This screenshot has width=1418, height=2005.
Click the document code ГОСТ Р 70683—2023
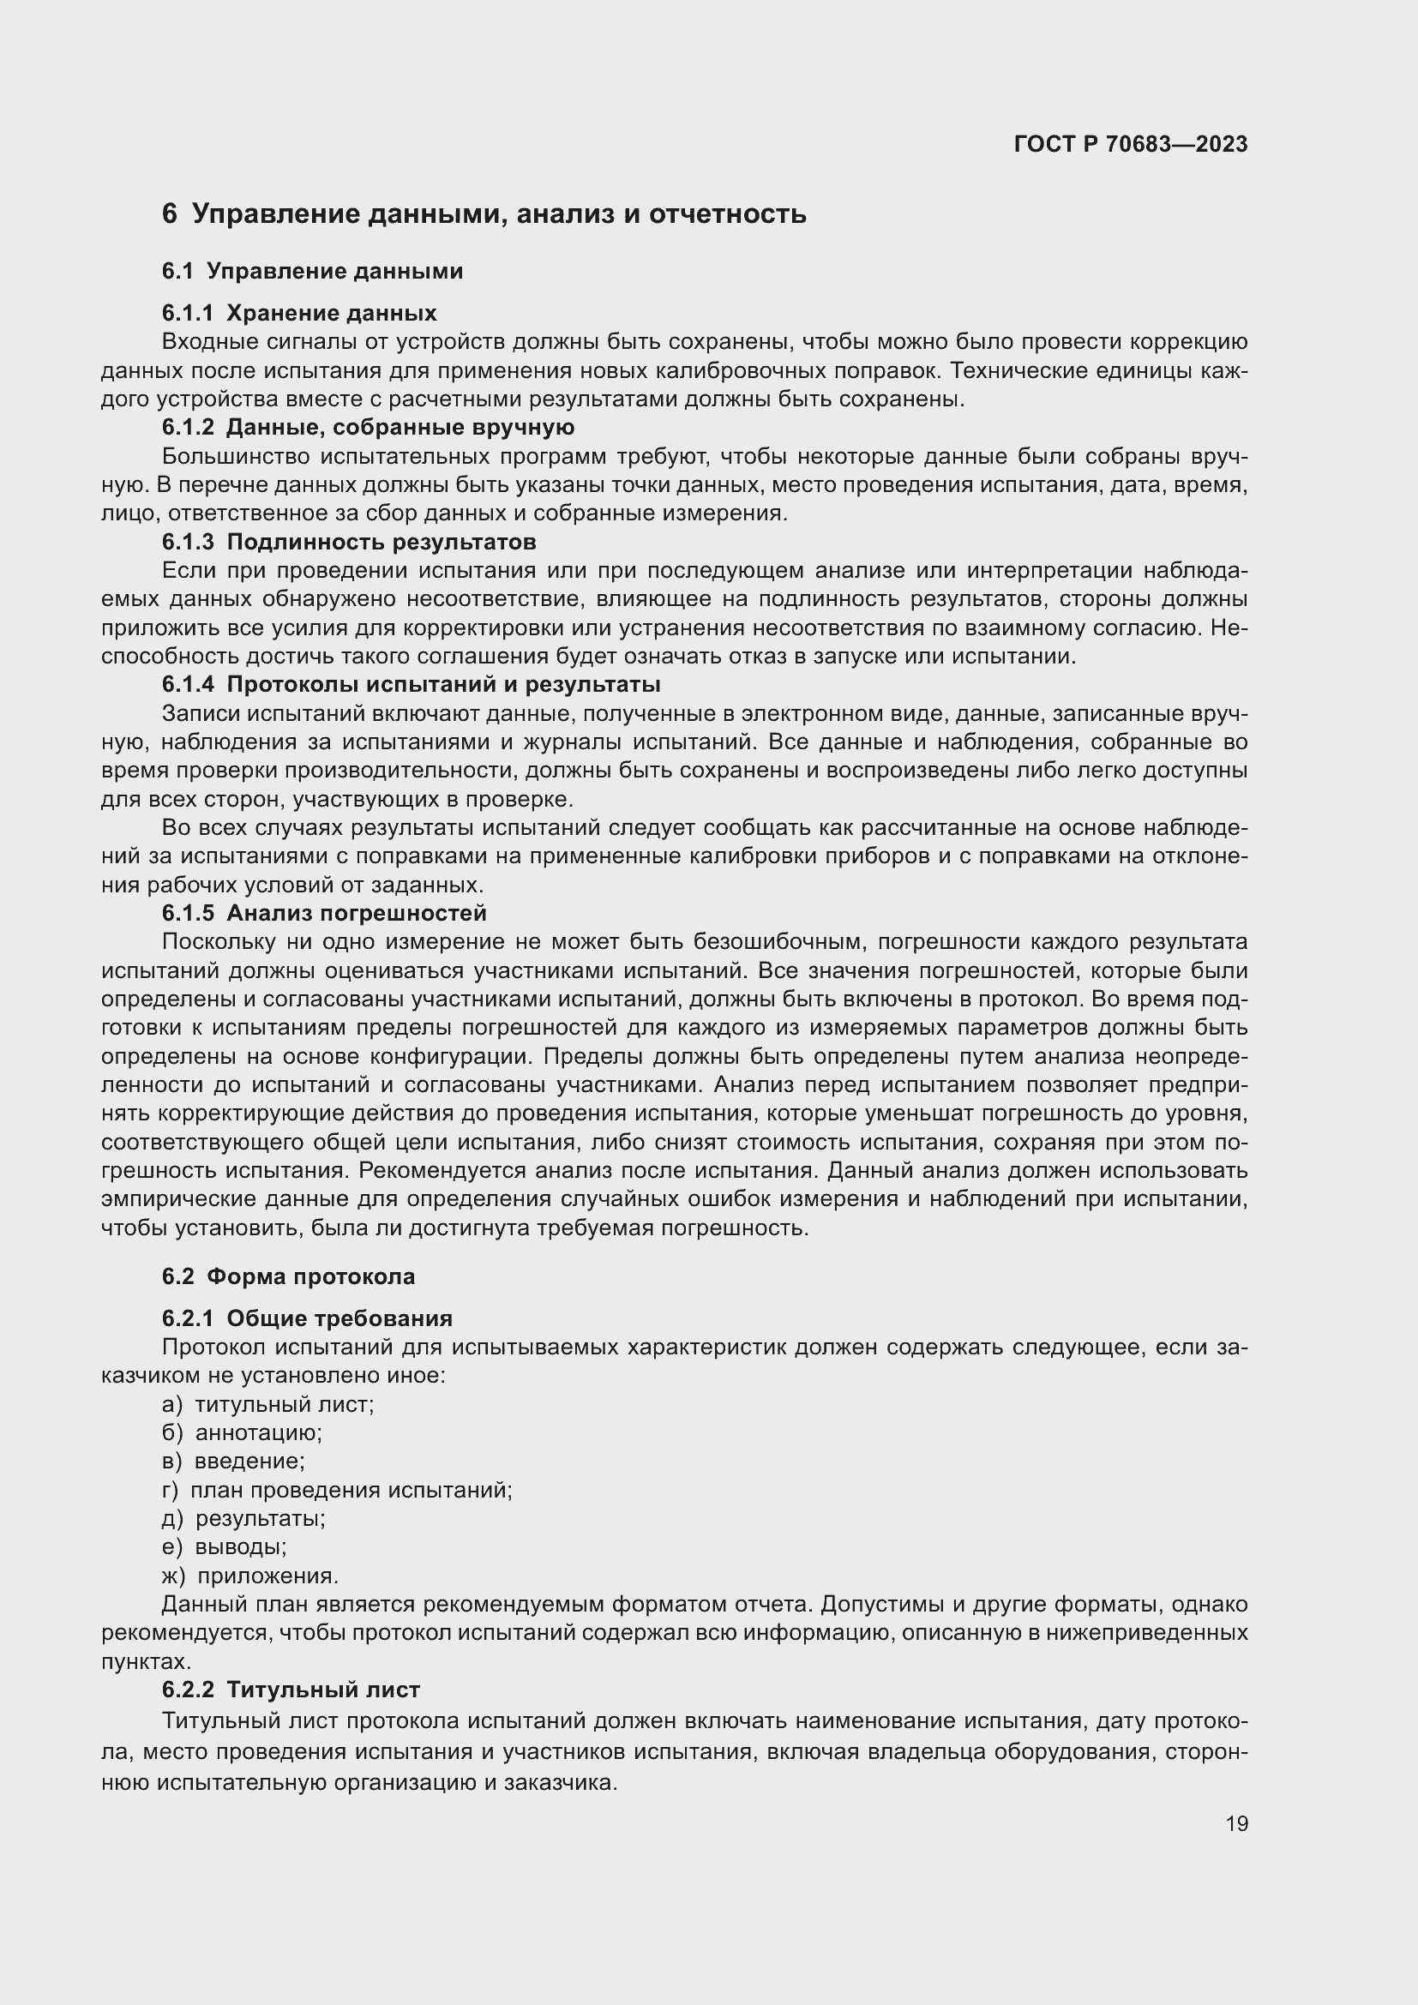point(1131,144)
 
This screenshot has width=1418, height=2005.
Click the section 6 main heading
point(484,214)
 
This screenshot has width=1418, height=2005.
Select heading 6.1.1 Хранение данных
point(298,313)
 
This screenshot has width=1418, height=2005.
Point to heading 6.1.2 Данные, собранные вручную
point(368,427)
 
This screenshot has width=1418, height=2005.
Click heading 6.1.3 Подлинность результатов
point(348,542)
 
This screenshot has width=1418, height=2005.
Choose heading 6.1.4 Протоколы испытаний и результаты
point(411,684)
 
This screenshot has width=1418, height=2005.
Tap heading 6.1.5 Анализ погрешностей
point(324,913)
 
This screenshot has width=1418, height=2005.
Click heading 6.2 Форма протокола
point(288,1276)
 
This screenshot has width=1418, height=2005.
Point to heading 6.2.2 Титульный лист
point(291,1690)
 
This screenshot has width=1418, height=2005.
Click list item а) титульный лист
point(268,1404)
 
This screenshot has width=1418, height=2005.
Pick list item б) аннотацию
point(242,1432)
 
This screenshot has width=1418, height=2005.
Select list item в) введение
point(233,1461)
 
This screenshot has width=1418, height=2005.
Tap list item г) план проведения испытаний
point(337,1490)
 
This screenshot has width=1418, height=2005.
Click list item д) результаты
point(243,1519)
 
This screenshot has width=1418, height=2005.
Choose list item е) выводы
point(225,1546)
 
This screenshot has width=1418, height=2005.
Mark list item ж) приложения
point(250,1576)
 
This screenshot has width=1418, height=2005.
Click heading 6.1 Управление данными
point(312,271)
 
